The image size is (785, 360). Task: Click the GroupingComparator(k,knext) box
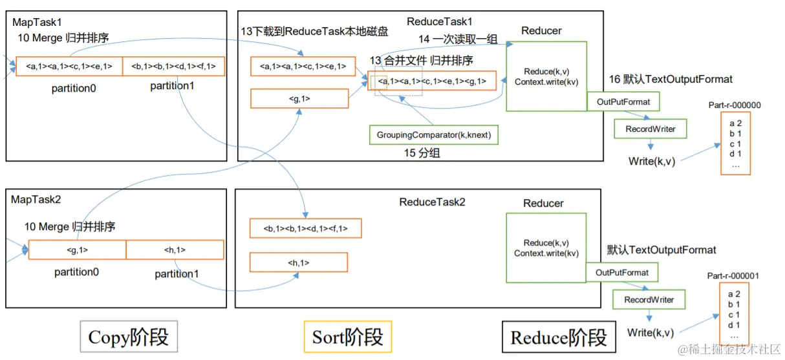(x=433, y=135)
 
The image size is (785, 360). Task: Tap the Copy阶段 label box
(x=129, y=337)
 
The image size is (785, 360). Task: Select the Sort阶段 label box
(x=348, y=337)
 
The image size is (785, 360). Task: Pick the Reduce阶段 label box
(x=559, y=337)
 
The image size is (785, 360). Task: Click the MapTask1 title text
(x=37, y=22)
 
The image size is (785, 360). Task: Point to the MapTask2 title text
(x=36, y=199)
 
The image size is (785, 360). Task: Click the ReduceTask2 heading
(x=432, y=202)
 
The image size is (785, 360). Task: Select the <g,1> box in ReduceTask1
(x=299, y=98)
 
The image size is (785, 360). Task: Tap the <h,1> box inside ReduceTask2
(x=299, y=262)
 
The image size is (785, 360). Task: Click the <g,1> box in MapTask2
(x=78, y=249)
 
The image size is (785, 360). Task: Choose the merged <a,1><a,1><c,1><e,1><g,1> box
(x=432, y=81)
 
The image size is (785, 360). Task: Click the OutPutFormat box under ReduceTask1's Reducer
(x=623, y=101)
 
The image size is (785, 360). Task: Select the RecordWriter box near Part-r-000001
(x=649, y=299)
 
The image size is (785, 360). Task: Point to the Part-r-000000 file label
(x=735, y=105)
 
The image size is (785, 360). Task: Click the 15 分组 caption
(x=422, y=153)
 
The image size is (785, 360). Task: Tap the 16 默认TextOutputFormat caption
(x=671, y=79)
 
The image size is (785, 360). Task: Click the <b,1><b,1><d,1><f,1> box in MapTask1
(x=173, y=66)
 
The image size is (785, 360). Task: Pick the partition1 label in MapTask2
(x=177, y=273)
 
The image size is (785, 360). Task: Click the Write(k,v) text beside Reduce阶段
(x=651, y=332)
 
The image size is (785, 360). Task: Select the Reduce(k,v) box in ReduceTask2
(x=546, y=248)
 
